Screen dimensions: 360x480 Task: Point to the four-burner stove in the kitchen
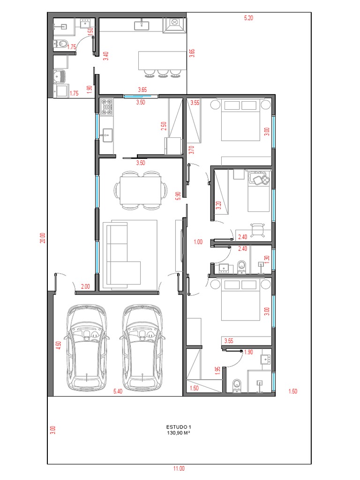(107, 107)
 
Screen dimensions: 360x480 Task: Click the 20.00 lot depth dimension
(43, 238)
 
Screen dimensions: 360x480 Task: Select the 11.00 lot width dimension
(179, 468)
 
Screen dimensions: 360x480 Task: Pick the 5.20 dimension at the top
(248, 18)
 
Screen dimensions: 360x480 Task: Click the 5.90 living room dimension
(178, 196)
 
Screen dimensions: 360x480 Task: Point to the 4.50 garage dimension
(59, 345)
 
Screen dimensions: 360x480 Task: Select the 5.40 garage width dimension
(118, 391)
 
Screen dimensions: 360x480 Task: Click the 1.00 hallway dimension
(198, 242)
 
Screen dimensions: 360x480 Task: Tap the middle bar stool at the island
(162, 73)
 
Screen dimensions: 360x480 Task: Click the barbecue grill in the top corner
(174, 25)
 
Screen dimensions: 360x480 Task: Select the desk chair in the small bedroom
(257, 230)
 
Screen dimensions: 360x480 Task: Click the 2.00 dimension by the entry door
(85, 286)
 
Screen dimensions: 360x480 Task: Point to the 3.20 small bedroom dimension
(218, 205)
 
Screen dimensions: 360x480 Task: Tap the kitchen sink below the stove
(107, 135)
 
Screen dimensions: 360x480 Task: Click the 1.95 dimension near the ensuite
(218, 371)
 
